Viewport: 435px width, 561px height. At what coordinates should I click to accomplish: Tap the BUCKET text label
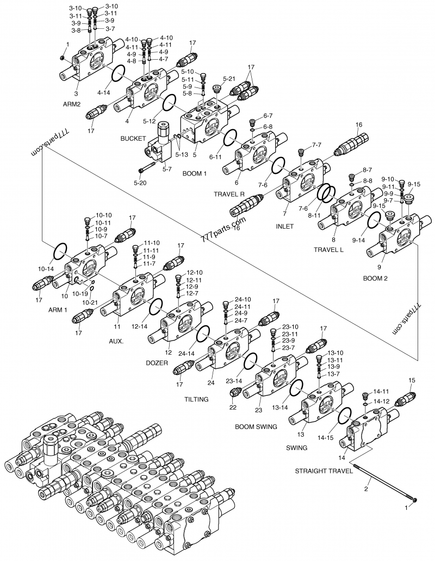[x=134, y=138]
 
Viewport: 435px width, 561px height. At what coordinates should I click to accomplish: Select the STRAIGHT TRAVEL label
[x=324, y=471]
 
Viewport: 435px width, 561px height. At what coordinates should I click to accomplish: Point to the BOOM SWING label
[x=256, y=427]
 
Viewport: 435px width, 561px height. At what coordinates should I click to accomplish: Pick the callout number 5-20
[x=140, y=183]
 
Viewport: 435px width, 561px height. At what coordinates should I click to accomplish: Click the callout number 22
[x=232, y=407]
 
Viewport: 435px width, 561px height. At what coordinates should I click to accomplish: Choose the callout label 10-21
[x=90, y=302]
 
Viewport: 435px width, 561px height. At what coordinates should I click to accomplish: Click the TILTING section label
[x=197, y=399]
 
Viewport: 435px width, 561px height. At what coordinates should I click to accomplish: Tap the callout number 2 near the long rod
[x=366, y=489]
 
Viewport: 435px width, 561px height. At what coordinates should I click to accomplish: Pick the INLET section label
[x=284, y=226]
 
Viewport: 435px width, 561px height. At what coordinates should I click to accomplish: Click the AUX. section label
[x=116, y=342]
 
